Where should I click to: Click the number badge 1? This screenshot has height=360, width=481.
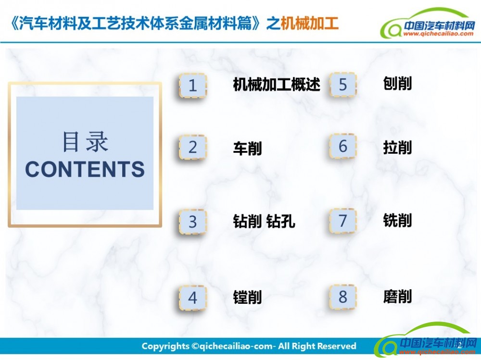[193, 85]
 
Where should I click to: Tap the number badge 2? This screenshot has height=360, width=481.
[193, 147]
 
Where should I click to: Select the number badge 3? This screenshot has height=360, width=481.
[193, 222]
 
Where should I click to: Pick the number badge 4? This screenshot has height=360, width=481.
[193, 298]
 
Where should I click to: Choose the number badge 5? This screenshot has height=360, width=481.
[342, 85]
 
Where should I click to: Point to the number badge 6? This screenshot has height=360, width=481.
[342, 146]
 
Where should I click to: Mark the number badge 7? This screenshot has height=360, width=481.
[342, 221]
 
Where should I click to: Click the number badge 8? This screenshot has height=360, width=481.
[342, 297]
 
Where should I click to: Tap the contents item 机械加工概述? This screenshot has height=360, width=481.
[277, 84]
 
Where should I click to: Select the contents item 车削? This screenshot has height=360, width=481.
[247, 148]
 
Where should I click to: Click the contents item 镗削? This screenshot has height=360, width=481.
[247, 297]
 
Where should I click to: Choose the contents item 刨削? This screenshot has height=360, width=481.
[397, 84]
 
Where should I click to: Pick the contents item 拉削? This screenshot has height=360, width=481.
[397, 147]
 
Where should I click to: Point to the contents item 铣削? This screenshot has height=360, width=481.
[397, 220]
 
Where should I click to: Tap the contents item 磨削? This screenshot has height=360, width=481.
[397, 297]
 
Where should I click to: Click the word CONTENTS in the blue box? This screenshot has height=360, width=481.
[85, 169]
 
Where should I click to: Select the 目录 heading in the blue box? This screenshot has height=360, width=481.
[85, 141]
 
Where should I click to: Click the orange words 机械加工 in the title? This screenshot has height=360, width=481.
[309, 23]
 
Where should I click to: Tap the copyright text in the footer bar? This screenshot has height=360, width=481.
[249, 346]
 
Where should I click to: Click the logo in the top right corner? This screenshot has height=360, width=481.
[427, 23]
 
